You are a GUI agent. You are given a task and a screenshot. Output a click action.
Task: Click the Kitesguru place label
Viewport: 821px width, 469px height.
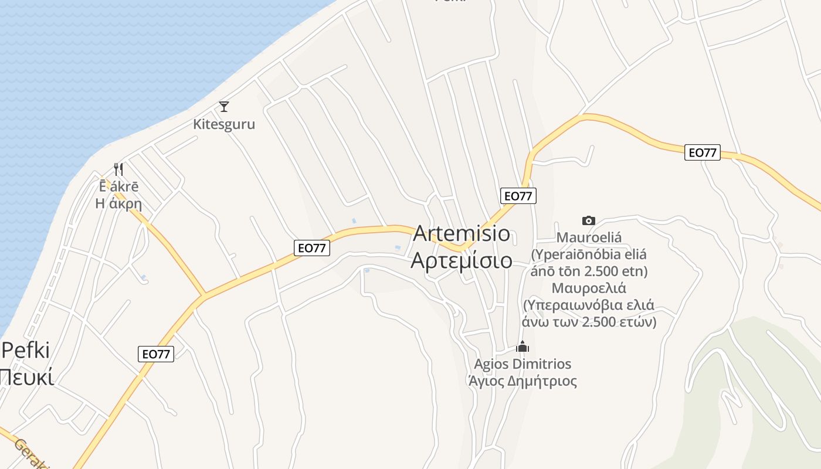224,124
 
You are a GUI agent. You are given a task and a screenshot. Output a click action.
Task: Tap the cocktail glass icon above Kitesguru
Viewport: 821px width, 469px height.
223,107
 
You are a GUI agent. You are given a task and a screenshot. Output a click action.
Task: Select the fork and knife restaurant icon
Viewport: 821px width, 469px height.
118,169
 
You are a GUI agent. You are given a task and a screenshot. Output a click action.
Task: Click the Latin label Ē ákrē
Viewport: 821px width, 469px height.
119,187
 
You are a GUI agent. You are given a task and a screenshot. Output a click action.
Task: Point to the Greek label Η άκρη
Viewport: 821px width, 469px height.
119,204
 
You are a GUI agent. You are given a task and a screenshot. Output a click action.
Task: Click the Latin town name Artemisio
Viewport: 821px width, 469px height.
462,233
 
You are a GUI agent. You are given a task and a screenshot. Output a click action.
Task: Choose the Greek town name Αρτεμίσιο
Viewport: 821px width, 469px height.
462,260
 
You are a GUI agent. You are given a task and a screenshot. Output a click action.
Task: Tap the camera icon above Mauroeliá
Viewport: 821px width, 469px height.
589,220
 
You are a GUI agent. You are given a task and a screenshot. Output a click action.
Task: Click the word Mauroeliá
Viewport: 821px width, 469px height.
589,238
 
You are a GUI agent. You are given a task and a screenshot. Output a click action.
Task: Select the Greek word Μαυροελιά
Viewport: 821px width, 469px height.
589,288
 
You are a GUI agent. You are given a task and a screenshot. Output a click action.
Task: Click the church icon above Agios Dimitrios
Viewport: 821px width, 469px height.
523,346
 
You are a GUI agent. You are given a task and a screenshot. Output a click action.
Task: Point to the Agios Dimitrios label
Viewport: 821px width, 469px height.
523,364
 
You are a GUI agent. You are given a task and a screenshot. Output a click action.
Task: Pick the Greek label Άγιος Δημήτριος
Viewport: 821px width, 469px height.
523,382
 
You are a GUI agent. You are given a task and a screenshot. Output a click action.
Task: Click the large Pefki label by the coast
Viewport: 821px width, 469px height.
26,350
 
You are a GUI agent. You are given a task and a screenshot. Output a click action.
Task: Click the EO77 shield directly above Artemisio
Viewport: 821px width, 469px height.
518,196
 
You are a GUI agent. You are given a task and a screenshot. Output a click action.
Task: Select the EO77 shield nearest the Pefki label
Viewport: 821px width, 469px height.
157,354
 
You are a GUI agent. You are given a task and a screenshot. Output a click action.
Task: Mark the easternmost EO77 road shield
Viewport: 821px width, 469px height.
703,152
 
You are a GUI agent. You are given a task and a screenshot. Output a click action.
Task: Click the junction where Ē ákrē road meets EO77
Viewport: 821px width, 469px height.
204,294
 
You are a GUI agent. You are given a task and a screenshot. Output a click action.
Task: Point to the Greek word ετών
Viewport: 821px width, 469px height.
635,322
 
